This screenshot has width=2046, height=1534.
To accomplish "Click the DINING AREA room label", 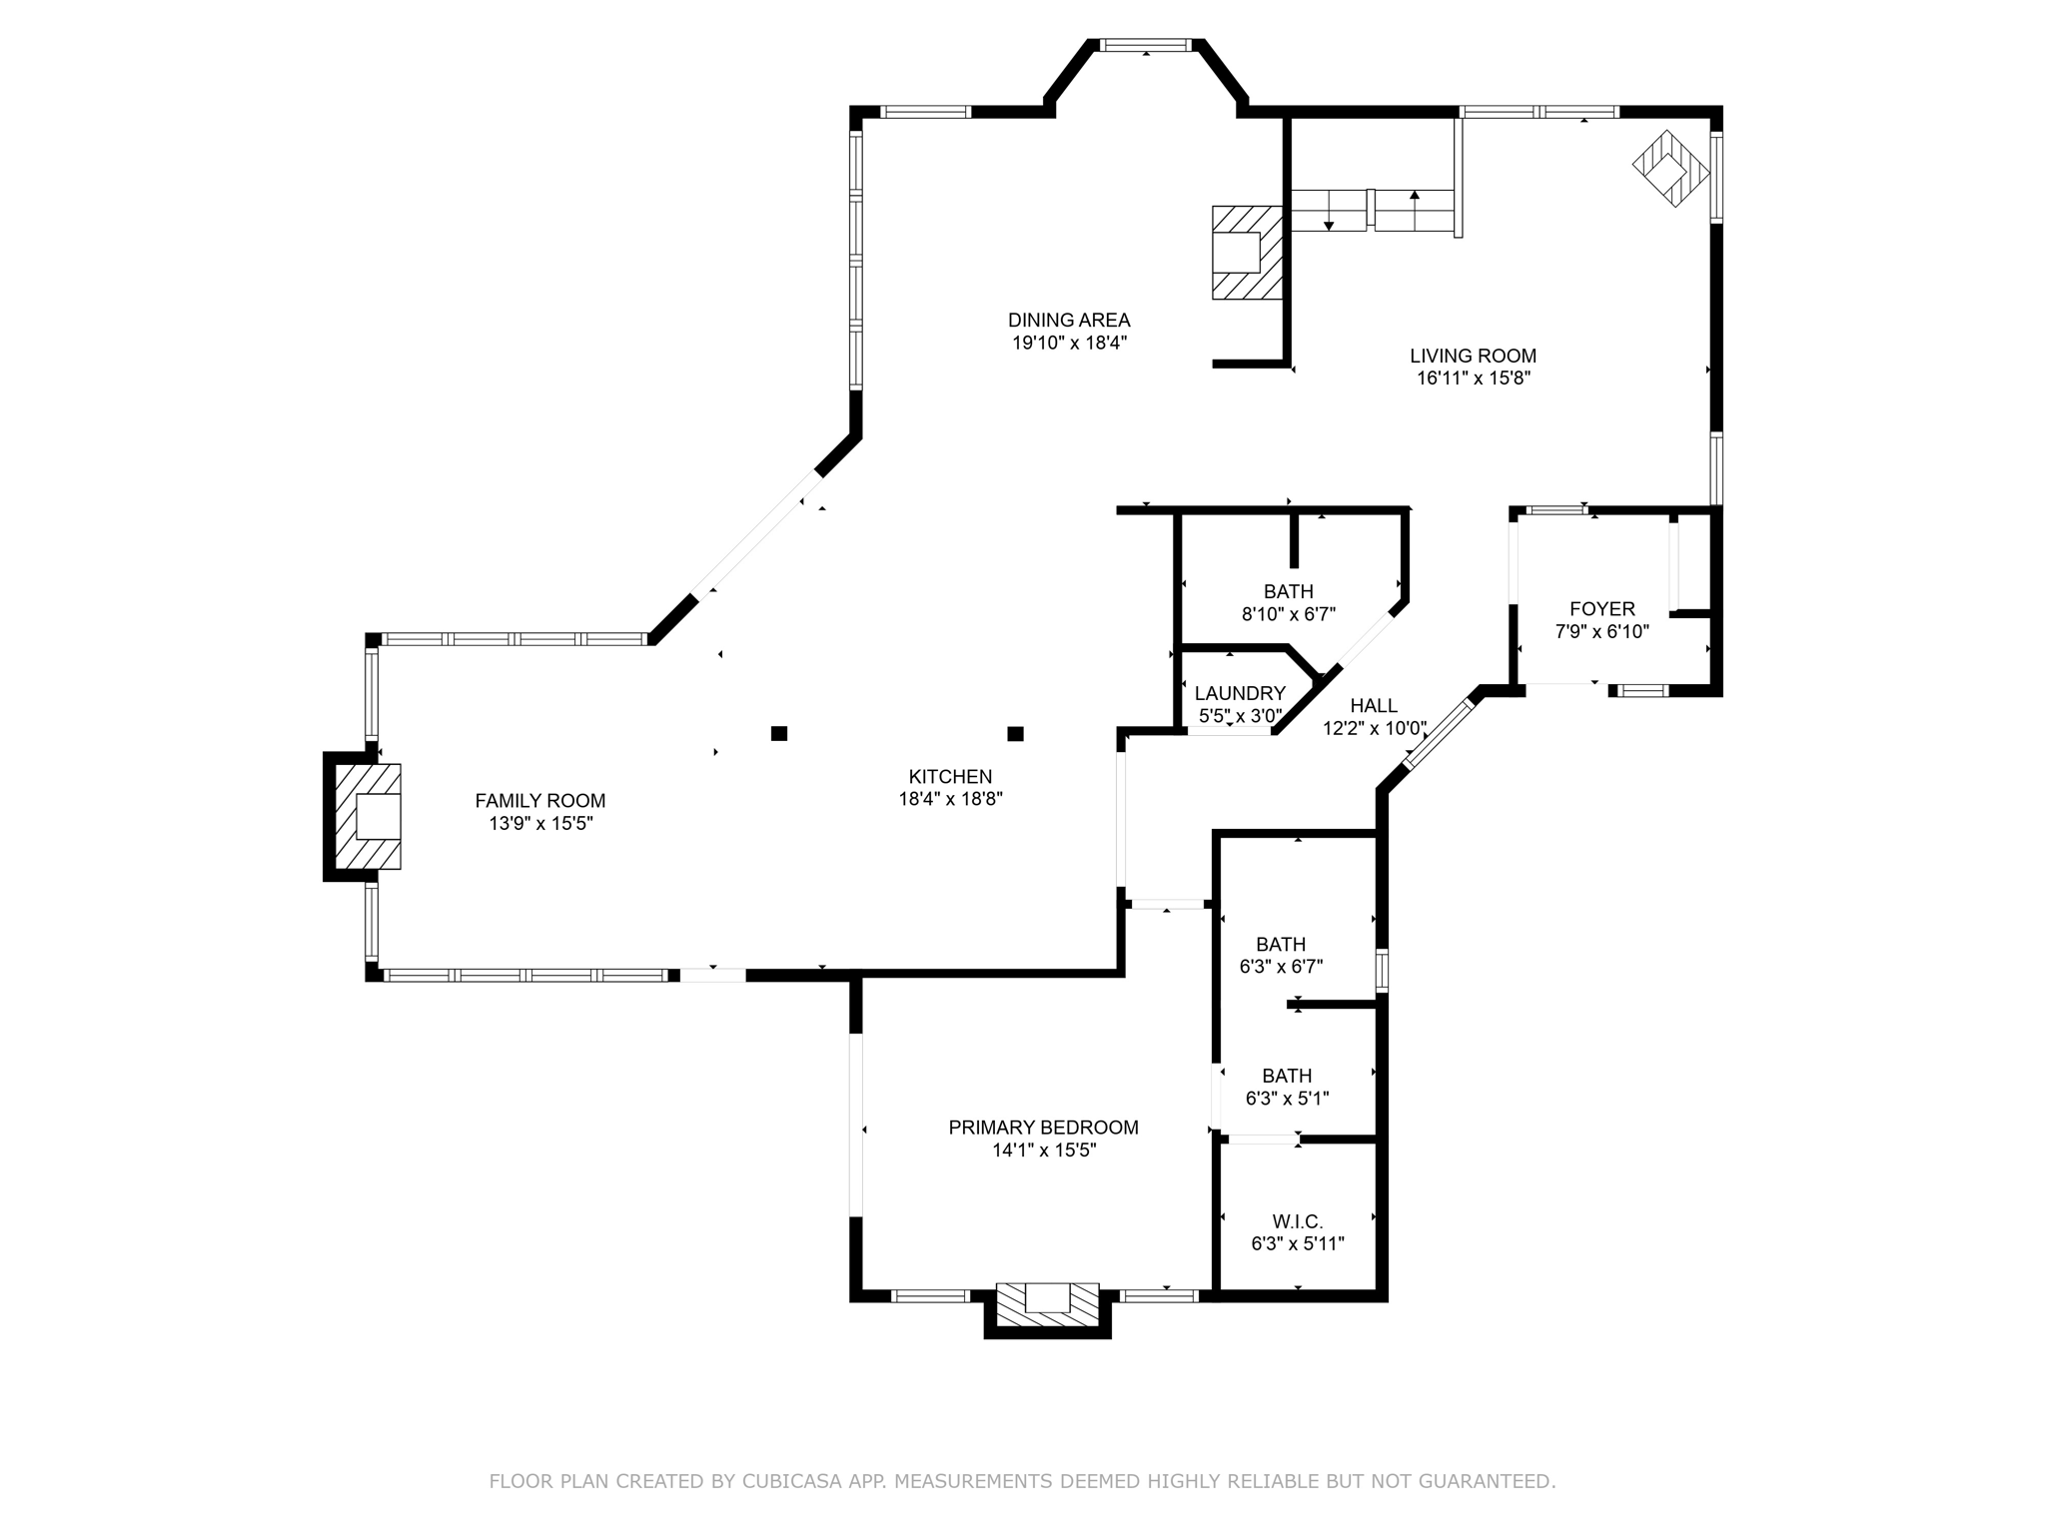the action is point(1069,321).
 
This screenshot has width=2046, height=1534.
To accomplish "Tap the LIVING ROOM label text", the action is point(1473,356).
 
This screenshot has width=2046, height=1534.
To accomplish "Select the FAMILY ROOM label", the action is point(540,801).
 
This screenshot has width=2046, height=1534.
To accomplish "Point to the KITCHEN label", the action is point(950,776).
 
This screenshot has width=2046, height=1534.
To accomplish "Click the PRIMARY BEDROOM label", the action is point(1043,1128).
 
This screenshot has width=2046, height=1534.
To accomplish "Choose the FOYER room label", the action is point(1602,609).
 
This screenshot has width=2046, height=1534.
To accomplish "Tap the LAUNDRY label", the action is point(1240,693).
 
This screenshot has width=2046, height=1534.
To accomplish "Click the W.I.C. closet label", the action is point(1298,1221).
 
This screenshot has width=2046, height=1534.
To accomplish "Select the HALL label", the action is point(1374,706).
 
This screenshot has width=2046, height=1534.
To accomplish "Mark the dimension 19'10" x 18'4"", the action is point(1069,344).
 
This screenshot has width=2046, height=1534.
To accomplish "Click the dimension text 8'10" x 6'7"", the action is point(1288,614).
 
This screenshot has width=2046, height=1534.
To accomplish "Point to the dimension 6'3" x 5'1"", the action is point(1287,1099).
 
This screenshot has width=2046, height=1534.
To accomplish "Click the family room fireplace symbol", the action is point(368,816).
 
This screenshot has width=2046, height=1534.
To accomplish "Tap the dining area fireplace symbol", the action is point(1247,252).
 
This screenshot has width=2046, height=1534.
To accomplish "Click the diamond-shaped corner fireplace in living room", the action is point(1670,169).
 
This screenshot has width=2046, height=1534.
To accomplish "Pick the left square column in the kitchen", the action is point(779,733).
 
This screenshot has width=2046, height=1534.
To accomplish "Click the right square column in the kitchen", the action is point(1016,734).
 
